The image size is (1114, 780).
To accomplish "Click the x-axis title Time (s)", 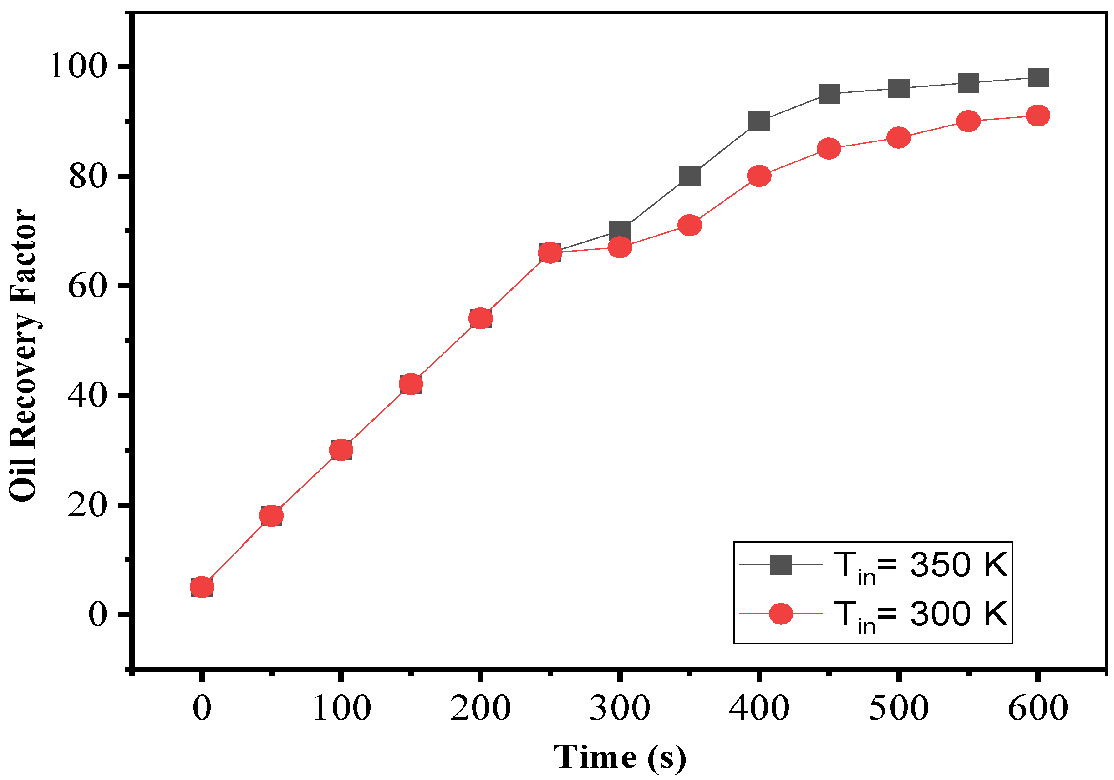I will [x=620, y=757].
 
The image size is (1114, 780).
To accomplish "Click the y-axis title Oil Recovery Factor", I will [x=23, y=355].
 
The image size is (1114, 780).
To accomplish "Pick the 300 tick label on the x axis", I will [x=620, y=708].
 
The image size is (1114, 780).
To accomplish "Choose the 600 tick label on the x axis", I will [x=1038, y=708].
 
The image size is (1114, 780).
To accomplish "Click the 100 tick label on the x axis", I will [x=341, y=708].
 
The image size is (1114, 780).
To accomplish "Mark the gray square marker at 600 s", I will [x=1038, y=78].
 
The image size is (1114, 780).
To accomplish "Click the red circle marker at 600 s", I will [x=1038, y=116].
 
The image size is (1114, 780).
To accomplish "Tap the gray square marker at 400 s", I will [x=759, y=121].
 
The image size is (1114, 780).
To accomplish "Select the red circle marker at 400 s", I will [x=759, y=176].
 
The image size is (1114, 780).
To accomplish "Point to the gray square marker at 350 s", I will [x=689, y=176].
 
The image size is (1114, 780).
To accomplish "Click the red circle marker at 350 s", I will [x=689, y=226].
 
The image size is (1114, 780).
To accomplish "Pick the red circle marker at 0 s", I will [x=202, y=587].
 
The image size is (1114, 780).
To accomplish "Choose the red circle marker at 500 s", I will [x=899, y=138].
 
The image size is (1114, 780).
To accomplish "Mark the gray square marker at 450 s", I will [x=829, y=94].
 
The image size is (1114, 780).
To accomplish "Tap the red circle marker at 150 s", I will [x=411, y=384].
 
